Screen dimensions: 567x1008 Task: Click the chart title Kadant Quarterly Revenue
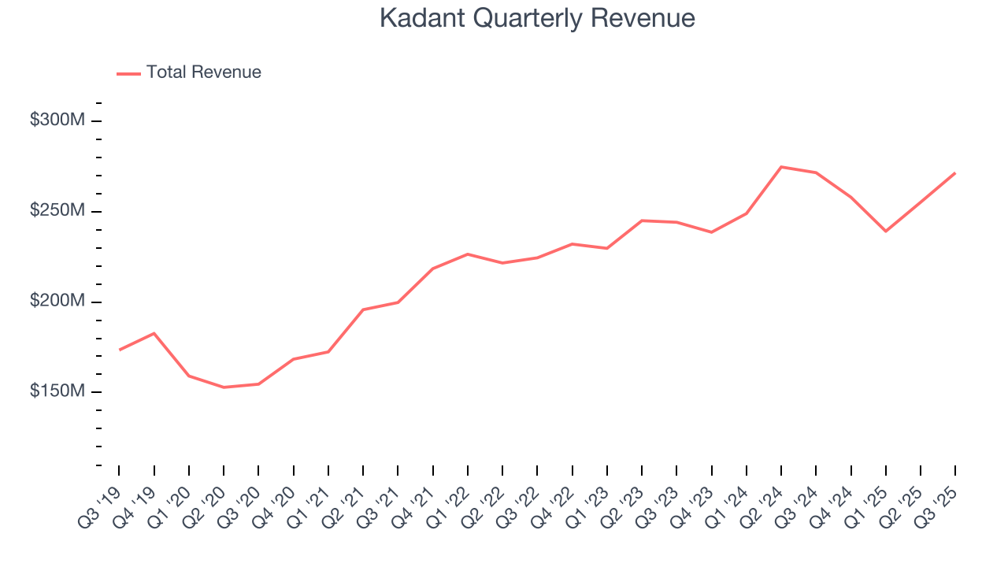(537, 18)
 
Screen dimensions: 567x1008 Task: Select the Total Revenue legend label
(203, 72)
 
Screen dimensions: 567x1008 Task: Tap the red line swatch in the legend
(128, 73)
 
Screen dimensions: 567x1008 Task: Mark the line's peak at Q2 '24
(780, 167)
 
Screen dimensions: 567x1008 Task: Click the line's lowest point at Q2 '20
(224, 387)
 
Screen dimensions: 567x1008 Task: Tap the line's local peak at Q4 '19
(154, 333)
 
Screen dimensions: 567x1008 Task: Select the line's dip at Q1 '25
(885, 231)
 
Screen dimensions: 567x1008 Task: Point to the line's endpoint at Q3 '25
(954, 173)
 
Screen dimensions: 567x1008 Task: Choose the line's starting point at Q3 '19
(119, 350)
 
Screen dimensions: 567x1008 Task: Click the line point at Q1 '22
(467, 254)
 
